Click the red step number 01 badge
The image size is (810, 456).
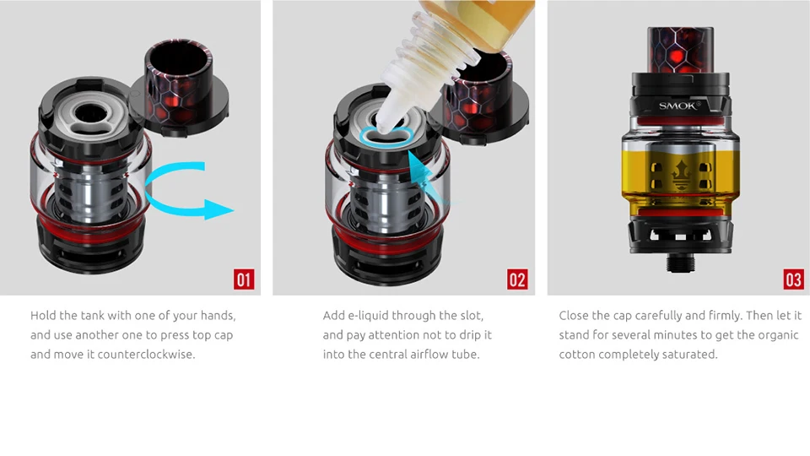click(244, 280)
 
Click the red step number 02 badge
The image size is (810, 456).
click(517, 280)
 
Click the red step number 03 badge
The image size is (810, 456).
click(793, 280)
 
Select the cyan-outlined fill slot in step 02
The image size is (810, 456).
click(386, 137)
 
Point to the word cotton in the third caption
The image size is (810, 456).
click(576, 355)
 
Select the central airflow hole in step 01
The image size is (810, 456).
click(90, 113)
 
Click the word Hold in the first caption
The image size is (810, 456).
click(42, 315)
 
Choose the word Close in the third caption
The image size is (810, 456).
click(574, 315)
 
